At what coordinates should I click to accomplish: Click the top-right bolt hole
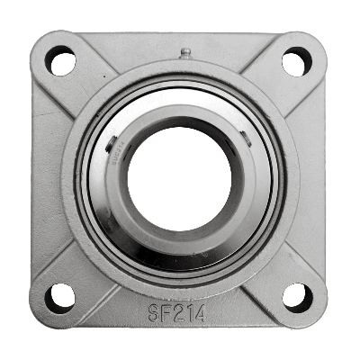point(296,62)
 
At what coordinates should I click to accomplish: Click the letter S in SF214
point(153,314)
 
